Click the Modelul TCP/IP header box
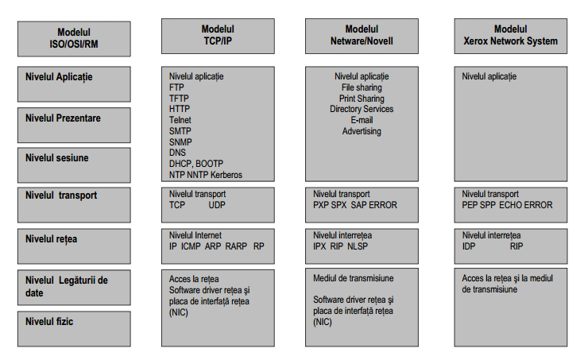[218, 36]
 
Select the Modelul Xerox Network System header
[511, 36]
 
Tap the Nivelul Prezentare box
[74, 125]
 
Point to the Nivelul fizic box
[74, 328]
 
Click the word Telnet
[180, 120]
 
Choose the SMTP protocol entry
[180, 131]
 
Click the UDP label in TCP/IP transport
[217, 205]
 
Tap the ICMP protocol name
[191, 246]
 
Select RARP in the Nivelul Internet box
[236, 246]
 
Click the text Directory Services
[362, 109]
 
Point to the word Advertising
[362, 131]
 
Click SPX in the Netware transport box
[338, 205]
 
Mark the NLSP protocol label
[358, 246]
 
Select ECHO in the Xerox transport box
[509, 205]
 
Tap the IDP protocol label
[469, 246]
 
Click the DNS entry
[177, 153]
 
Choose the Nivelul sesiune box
[74, 165]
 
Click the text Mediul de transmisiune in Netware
[354, 278]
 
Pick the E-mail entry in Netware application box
[362, 120]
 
